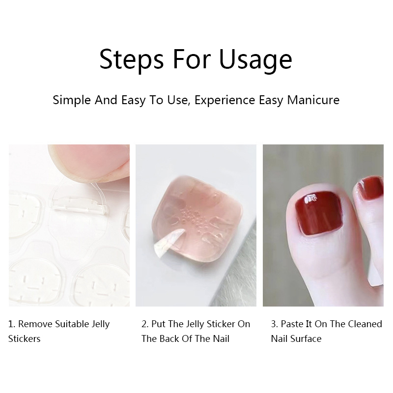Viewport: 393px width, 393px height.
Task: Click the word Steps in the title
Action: (131, 59)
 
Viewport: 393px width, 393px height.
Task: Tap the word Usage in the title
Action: (255, 59)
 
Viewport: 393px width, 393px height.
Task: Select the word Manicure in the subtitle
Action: (313, 100)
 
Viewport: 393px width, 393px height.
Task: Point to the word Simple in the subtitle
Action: (72, 100)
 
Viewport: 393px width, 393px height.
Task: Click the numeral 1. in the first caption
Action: (12, 324)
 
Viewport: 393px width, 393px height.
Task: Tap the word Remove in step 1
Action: (35, 324)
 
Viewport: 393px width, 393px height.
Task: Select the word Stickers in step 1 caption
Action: (24, 338)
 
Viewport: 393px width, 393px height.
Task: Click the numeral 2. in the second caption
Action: (145, 324)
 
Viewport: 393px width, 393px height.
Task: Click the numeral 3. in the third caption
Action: (275, 324)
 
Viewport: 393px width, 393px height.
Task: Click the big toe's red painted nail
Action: (319, 213)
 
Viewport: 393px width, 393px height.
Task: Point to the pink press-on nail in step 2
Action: (198, 219)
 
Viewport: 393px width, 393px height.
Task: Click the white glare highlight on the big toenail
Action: (310, 198)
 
